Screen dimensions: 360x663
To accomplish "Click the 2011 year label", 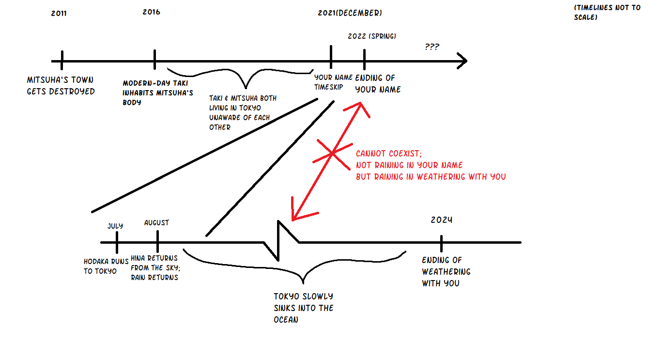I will (x=59, y=14).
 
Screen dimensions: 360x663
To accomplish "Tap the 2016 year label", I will (x=151, y=12).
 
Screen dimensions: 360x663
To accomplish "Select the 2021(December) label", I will (x=350, y=13).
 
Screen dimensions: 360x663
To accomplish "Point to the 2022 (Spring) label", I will (x=372, y=36).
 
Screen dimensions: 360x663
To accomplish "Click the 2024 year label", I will (x=441, y=220).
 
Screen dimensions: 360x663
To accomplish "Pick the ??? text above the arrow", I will (x=432, y=47).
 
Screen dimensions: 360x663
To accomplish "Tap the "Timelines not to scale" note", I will (x=606, y=12).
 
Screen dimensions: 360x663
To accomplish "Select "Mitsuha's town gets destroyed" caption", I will (x=61, y=86).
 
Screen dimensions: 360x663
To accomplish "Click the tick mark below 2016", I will (x=154, y=60).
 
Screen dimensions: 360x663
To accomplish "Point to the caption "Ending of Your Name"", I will (x=378, y=83).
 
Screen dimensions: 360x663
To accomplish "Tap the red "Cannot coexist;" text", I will (x=388, y=153).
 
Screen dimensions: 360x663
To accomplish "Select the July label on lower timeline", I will (x=115, y=226).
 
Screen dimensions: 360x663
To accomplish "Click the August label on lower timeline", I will (x=156, y=223).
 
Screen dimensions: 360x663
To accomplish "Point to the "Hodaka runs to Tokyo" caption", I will (x=100, y=266).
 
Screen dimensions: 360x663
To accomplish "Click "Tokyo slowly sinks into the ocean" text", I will (x=303, y=308).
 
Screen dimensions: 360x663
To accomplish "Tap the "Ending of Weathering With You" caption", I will (x=441, y=271).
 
